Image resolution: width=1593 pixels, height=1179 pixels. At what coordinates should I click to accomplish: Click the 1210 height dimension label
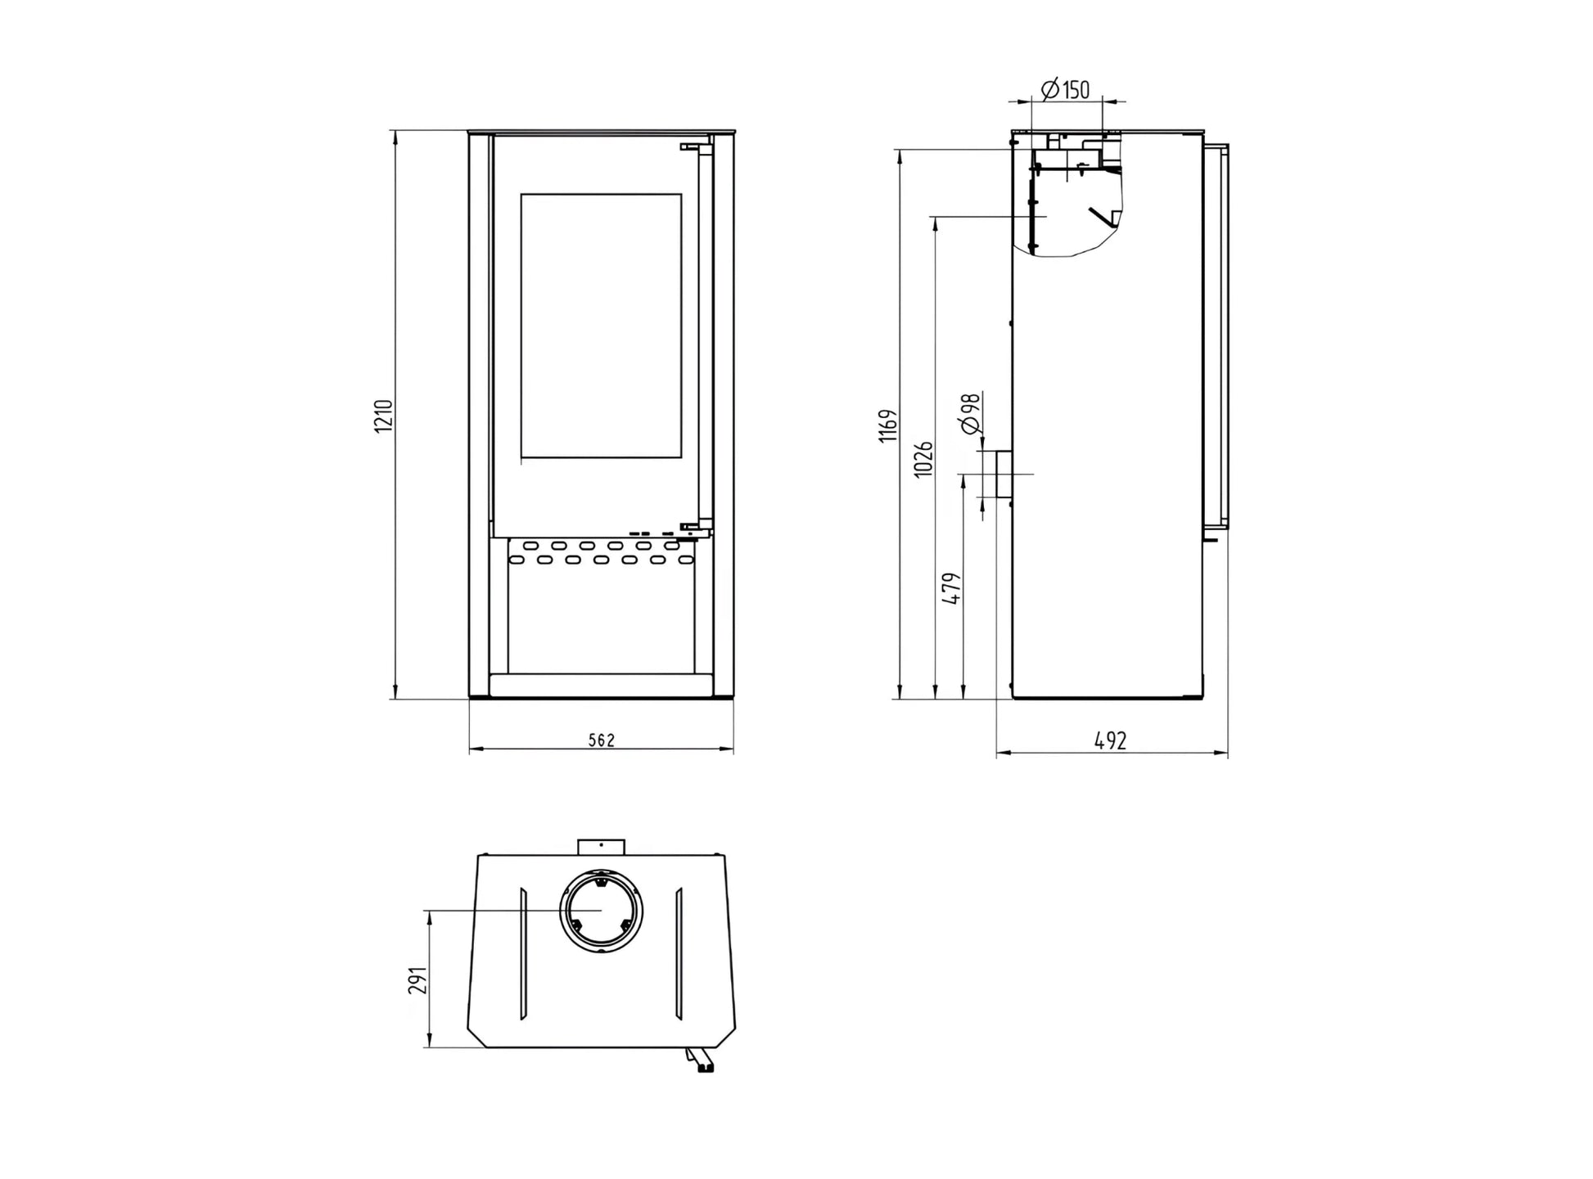(x=384, y=416)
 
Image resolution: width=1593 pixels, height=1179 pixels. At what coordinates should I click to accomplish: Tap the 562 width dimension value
(x=601, y=740)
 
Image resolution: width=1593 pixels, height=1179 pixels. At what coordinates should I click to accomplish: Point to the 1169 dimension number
(x=888, y=426)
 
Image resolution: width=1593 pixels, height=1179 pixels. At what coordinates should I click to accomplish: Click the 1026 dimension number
(x=923, y=459)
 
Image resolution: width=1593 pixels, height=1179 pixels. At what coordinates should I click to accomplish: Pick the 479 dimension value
(x=952, y=588)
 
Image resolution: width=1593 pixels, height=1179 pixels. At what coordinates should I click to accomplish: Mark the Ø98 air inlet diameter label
(x=970, y=413)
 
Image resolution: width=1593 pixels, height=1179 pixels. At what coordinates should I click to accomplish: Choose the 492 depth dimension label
(x=1111, y=740)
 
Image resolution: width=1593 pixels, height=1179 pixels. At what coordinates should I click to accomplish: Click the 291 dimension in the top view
(x=417, y=980)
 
